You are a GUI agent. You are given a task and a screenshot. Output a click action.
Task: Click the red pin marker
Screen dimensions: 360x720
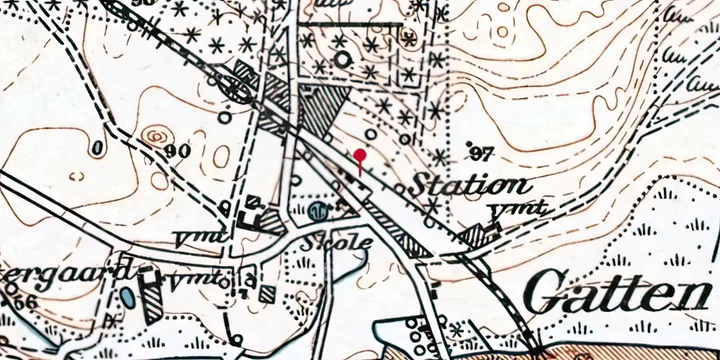coord(360,155)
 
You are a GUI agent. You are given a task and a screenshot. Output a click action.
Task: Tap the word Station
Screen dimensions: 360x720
coord(469,186)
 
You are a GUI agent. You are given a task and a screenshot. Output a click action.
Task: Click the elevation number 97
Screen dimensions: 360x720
coord(482,153)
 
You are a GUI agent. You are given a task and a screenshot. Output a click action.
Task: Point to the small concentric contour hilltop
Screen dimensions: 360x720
coord(153,135)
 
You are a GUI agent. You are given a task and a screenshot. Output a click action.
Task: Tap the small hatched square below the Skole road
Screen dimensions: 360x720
coord(267,293)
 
